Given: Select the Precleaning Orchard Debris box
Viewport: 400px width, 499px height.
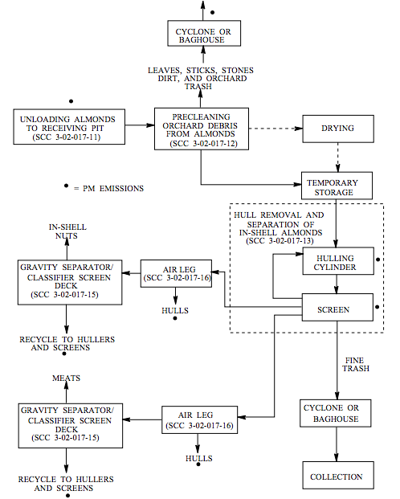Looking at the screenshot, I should pos(201,128).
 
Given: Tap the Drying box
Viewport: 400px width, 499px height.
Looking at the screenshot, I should pos(337,129).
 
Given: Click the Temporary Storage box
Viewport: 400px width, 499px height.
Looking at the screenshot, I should pos(337,187).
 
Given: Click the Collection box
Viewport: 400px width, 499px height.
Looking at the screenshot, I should pos(337,477).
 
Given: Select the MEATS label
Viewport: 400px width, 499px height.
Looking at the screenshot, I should pos(66,378).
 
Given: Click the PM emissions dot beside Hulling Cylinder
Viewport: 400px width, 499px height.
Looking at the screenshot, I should pos(378,264).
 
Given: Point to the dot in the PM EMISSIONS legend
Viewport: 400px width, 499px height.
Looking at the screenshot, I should pos(67,186).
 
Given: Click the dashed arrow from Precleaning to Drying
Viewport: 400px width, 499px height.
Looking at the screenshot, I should pos(273,129).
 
